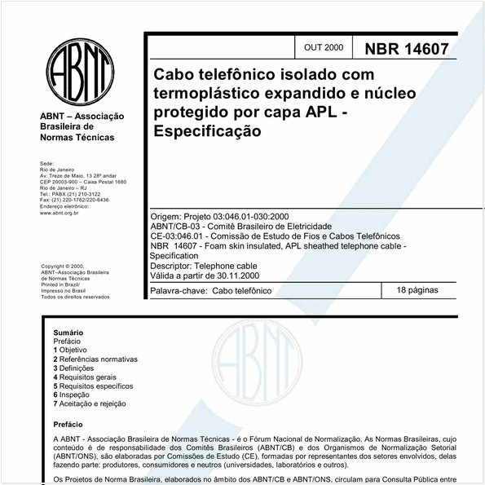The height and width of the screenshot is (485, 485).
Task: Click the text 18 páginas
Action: (417, 290)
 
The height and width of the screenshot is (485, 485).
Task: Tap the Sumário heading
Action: (68, 333)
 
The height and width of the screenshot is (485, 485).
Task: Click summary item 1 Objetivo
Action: (75, 350)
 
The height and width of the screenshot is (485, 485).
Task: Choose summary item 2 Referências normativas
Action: (95, 359)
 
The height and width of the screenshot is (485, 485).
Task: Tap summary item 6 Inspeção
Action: (77, 395)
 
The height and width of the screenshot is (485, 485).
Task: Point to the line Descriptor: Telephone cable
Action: (204, 265)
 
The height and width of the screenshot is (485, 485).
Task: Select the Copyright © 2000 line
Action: (63, 266)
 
